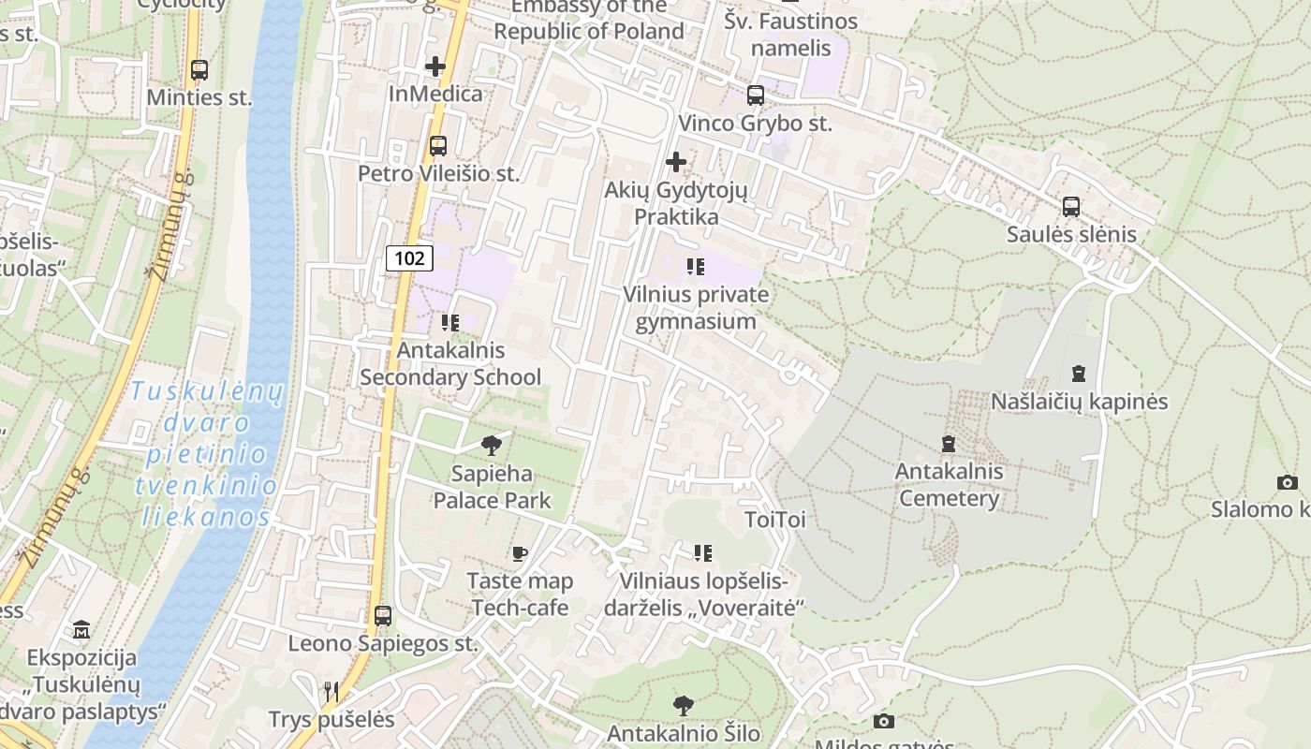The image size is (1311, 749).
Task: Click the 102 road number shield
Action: click(409, 258)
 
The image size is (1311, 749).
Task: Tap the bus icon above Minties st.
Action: click(199, 69)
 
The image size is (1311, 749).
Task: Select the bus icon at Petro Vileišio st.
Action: click(437, 146)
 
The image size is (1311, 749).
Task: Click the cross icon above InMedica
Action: click(435, 66)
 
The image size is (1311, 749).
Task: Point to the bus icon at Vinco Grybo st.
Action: click(755, 95)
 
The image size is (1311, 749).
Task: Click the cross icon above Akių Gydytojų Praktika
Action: click(675, 162)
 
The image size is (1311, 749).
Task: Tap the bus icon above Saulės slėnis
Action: click(1071, 207)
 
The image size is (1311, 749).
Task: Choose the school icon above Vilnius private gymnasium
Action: click(695, 267)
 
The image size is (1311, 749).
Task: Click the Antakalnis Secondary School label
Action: click(450, 363)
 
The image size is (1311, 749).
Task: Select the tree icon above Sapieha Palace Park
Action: click(491, 445)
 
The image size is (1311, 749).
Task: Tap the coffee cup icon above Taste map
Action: click(520, 553)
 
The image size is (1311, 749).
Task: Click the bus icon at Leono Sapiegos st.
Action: click(382, 615)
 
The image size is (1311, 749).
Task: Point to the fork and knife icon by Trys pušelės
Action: click(331, 692)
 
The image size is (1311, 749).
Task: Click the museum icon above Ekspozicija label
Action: click(81, 629)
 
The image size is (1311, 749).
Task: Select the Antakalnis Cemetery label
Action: click(949, 484)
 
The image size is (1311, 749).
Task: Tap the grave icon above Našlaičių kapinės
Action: click(1079, 374)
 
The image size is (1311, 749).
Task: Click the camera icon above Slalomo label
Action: click(1288, 482)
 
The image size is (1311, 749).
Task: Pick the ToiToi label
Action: click(774, 519)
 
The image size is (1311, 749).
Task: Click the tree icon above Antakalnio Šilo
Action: click(684, 705)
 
